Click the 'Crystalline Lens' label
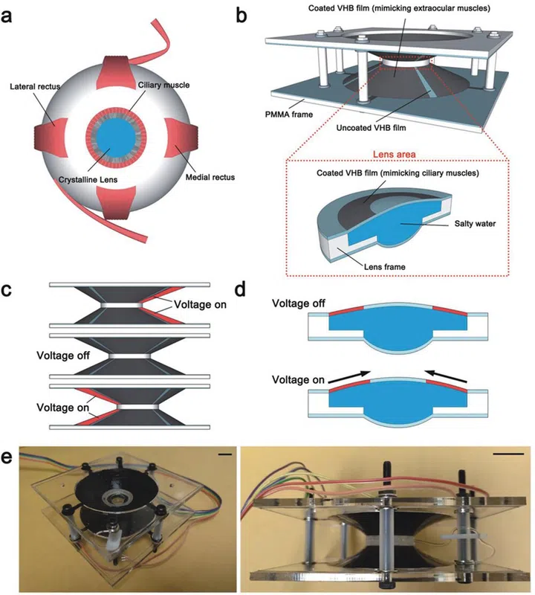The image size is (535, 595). click(88, 180)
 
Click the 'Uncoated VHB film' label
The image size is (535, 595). click(402, 127)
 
